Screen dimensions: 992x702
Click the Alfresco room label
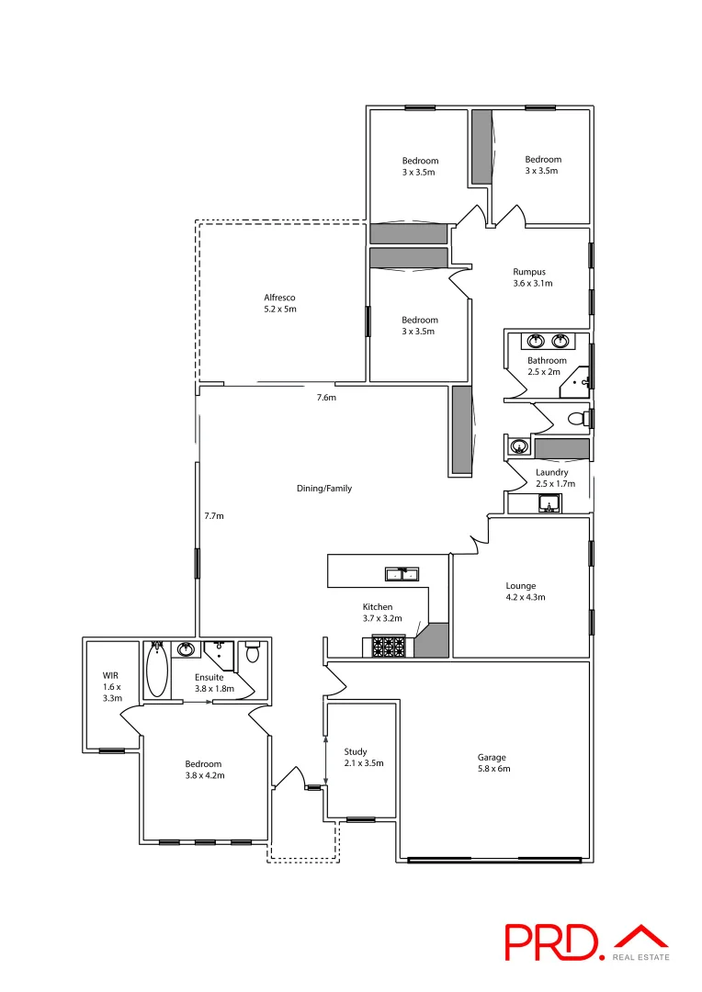(x=279, y=303)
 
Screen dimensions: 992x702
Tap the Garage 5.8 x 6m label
(x=493, y=763)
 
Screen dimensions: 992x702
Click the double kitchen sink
(x=401, y=575)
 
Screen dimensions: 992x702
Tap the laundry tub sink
(x=549, y=504)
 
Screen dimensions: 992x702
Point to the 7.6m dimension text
(x=326, y=398)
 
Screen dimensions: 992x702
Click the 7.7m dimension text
(x=214, y=515)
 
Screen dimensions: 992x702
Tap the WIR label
(x=111, y=687)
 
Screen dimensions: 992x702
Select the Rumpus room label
(x=529, y=277)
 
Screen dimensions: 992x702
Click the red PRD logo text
(x=552, y=942)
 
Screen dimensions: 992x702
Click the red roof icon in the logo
(x=641, y=937)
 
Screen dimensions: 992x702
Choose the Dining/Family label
(x=323, y=489)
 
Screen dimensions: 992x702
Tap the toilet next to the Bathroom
(x=577, y=419)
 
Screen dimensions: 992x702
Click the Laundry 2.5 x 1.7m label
(x=555, y=478)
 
